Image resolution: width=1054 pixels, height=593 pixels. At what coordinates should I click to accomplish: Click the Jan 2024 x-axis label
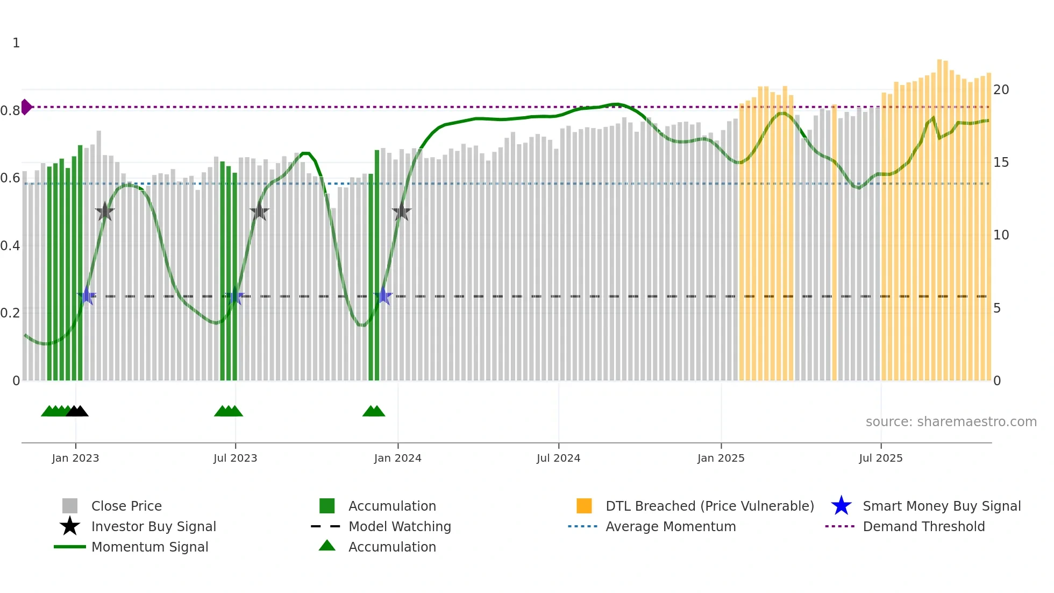(397, 458)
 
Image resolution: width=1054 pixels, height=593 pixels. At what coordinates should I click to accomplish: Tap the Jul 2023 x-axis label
(235, 458)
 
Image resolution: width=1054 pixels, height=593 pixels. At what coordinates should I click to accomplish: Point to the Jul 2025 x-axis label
(880, 458)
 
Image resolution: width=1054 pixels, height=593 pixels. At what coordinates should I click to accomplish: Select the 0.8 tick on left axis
(10, 111)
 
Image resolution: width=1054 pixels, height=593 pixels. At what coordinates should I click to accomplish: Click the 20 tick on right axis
(1001, 90)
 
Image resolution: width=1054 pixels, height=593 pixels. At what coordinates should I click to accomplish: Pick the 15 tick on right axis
(1001, 163)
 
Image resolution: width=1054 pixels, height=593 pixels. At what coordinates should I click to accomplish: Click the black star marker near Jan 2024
(401, 212)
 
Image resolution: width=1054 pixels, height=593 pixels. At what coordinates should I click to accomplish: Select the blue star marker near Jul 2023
(234, 296)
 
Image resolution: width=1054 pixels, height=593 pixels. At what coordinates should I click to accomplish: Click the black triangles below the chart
(77, 412)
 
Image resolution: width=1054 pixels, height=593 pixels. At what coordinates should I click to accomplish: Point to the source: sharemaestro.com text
(951, 422)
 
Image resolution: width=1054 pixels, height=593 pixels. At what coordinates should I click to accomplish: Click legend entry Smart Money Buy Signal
(941, 506)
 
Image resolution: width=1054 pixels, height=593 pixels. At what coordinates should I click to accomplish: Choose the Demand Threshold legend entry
(923, 527)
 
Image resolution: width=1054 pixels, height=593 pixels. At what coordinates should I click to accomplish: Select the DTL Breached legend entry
(709, 506)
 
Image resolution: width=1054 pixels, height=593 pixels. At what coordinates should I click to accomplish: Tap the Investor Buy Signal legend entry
(153, 527)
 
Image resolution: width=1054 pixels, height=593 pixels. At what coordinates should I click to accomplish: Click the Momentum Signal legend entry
(149, 547)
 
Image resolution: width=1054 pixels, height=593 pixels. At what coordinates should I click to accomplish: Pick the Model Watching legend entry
(399, 527)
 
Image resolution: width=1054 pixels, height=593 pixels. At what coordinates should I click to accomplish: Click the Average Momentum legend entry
(670, 527)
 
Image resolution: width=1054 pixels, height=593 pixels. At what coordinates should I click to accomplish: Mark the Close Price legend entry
(126, 506)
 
